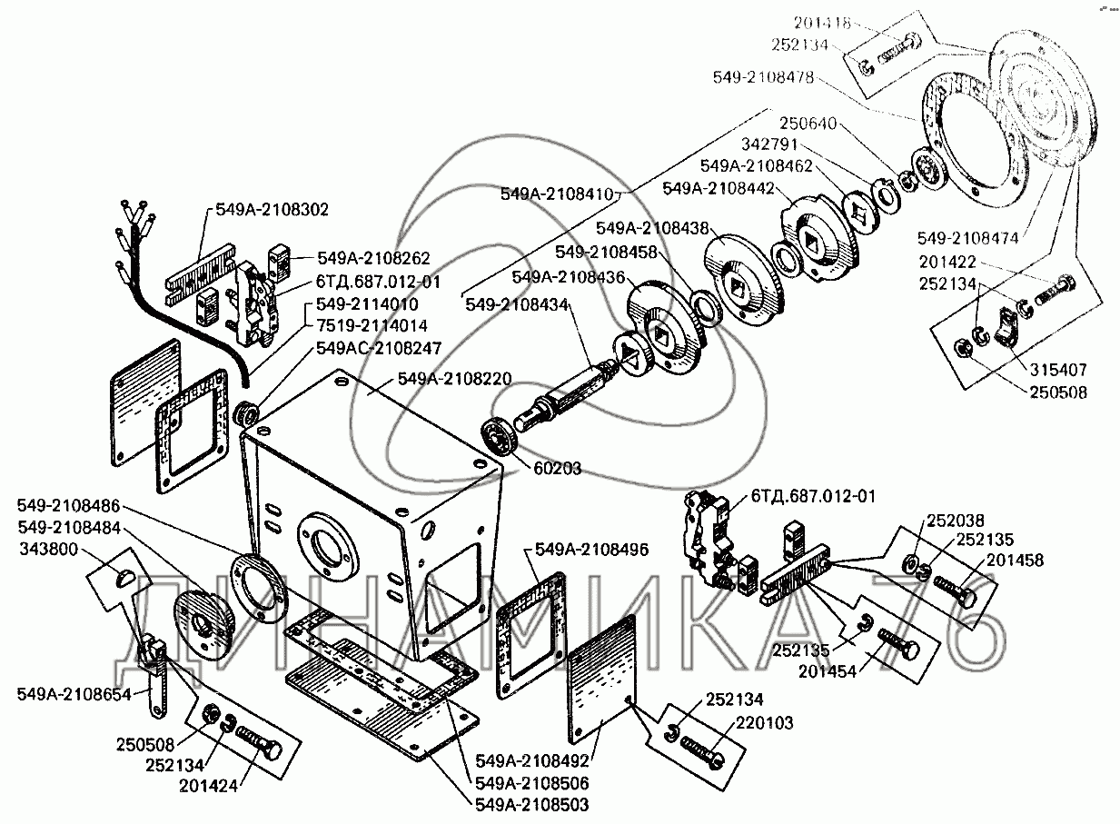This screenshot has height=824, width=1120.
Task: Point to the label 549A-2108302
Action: [x=273, y=210]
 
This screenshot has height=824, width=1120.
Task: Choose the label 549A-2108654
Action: [x=74, y=694]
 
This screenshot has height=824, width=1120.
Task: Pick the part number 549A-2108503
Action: [x=531, y=804]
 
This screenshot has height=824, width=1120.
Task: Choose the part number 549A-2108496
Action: [x=591, y=549]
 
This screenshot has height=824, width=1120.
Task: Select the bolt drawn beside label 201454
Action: [x=899, y=650]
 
